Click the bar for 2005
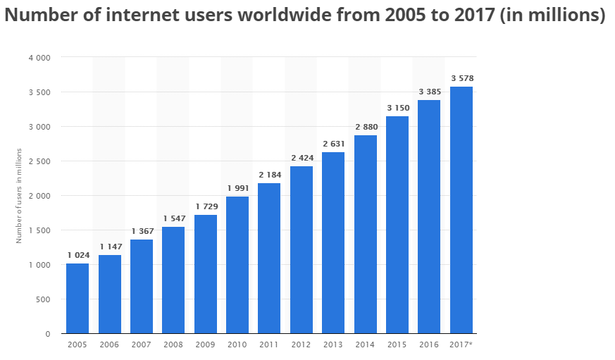point(77,298)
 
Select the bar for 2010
point(237,265)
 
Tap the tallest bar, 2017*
point(461,210)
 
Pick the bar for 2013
point(333,242)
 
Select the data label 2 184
point(269,175)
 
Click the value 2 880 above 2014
point(365,127)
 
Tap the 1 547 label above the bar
point(173,218)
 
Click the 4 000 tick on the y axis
point(39,58)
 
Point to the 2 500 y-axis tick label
point(39,161)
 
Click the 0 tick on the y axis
point(47,334)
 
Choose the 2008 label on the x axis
point(173,345)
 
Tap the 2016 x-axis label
point(429,345)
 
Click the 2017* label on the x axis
point(462,345)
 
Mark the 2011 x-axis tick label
point(269,345)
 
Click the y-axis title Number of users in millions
point(20,196)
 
